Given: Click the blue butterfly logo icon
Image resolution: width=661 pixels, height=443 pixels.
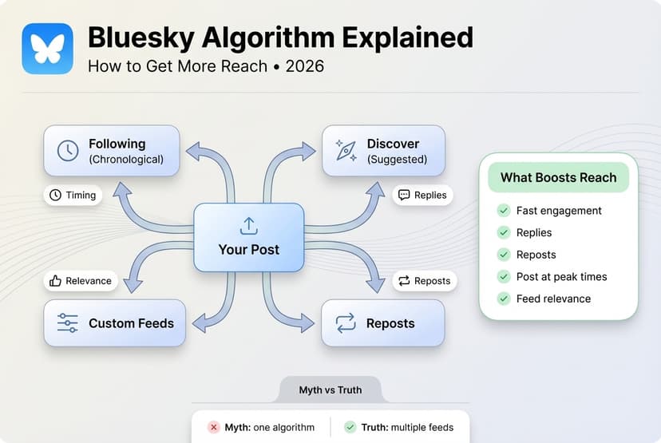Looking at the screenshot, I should click(x=47, y=49).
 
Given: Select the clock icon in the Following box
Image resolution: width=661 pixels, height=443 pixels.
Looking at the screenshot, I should click(x=67, y=151).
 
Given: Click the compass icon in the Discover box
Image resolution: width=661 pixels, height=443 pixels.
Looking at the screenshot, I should click(x=346, y=151).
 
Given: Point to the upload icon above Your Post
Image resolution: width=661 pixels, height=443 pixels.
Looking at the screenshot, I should click(x=248, y=225).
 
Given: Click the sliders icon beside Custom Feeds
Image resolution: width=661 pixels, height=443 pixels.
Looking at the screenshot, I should click(x=67, y=323).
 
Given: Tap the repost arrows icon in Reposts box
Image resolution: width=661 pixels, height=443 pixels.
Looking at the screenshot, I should click(x=346, y=323).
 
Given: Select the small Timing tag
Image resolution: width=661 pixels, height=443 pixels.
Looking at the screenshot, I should click(x=73, y=195).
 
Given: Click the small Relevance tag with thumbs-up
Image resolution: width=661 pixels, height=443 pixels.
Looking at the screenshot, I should click(x=81, y=281).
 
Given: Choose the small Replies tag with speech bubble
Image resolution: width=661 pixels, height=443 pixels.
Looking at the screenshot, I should click(x=422, y=195).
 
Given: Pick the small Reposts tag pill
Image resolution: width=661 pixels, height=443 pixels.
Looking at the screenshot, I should click(x=423, y=280).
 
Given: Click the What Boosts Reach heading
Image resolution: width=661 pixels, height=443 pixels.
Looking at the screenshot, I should click(x=558, y=177).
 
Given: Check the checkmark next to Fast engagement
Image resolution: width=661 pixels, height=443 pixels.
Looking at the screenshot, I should click(x=503, y=211).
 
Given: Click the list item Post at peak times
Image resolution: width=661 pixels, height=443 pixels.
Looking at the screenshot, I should click(x=562, y=277).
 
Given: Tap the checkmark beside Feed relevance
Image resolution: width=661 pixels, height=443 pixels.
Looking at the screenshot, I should click(x=503, y=299).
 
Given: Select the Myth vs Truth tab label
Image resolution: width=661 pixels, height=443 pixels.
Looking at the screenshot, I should click(x=330, y=390).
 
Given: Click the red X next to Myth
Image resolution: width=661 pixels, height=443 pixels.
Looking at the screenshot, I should click(x=213, y=427).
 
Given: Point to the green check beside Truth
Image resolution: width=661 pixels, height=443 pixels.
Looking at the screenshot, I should click(x=350, y=427).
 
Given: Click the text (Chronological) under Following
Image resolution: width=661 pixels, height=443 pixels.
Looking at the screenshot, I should click(x=125, y=159).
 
